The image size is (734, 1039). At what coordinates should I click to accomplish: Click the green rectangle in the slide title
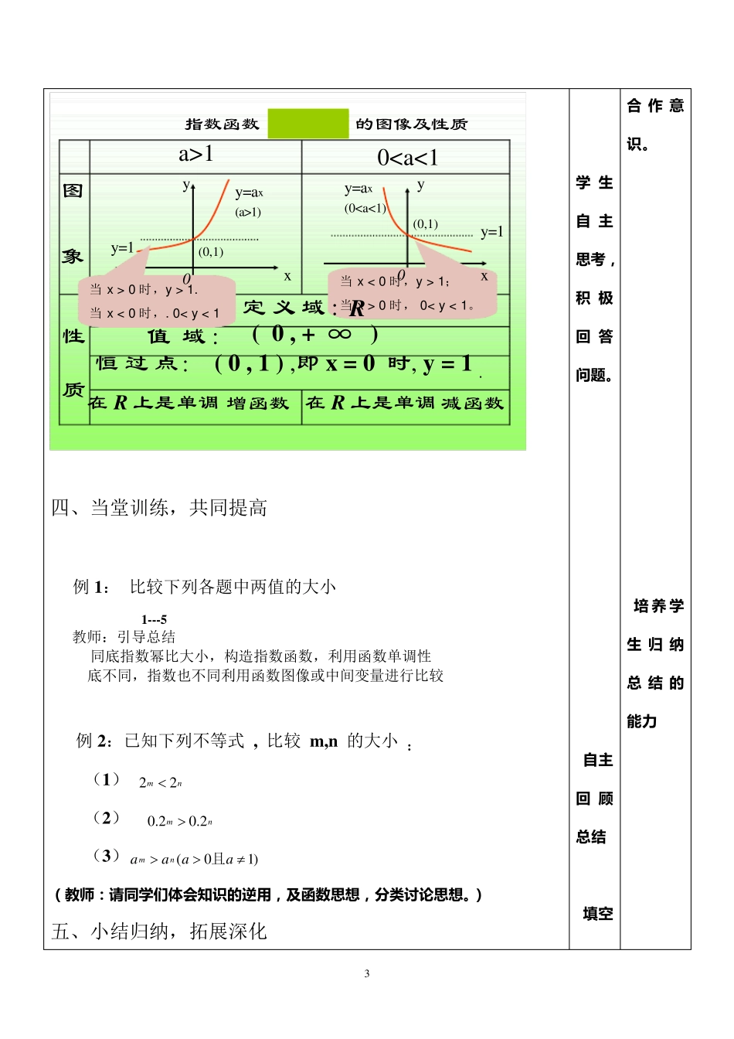pos(308,124)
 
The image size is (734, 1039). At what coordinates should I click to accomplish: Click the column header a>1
pos(196,155)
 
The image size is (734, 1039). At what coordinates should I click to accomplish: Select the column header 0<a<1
pos(407,158)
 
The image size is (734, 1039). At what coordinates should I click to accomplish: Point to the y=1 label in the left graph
pos(122,248)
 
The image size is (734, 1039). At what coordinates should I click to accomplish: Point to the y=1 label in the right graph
pos(491,232)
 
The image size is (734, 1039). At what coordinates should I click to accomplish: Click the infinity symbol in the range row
pos(339,334)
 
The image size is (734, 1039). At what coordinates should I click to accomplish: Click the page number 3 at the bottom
pos(367,973)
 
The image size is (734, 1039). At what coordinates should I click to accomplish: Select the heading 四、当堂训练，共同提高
pos(159,508)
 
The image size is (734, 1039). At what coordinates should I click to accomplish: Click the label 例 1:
pos(91,587)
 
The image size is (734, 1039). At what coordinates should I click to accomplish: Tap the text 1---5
pos(154,619)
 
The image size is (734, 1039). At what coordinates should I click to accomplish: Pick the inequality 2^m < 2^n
pos(160,783)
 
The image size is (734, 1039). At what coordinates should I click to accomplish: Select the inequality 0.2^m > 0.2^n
pos(179,821)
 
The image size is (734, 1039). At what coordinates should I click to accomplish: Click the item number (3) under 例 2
pos(106,855)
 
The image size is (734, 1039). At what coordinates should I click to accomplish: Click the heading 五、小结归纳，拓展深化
pos(159,931)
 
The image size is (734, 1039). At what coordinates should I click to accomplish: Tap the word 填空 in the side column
pos(597,914)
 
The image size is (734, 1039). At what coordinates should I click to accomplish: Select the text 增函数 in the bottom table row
pos(257,403)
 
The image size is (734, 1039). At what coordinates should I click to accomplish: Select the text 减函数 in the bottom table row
pos(472,403)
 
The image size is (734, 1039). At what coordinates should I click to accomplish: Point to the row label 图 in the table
pos(73,190)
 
